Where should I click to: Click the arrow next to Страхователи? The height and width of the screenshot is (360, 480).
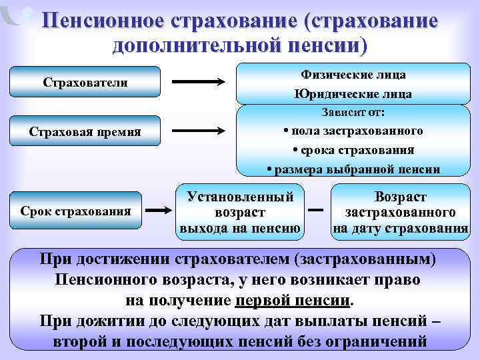199,82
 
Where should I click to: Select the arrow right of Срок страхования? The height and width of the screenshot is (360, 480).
159,211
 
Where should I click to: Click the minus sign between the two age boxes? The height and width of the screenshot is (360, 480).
317,212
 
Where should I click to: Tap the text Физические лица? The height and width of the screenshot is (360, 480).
353,75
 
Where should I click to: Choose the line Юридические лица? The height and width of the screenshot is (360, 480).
353,94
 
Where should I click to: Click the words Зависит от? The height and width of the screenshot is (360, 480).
353,111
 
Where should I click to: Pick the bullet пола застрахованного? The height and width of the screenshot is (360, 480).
353,130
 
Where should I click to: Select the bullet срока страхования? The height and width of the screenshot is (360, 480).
353,149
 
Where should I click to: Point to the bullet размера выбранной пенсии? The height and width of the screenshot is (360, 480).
353,169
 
